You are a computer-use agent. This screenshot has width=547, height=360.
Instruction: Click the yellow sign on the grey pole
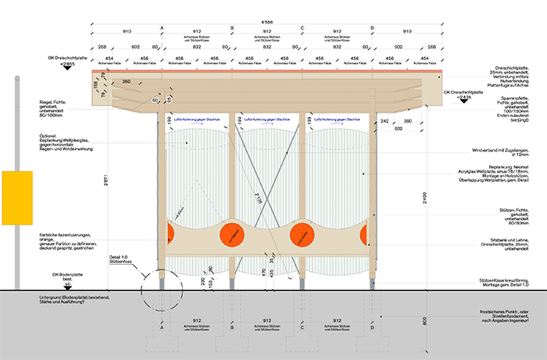18,194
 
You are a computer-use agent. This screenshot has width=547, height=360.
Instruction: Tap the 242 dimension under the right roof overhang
384,122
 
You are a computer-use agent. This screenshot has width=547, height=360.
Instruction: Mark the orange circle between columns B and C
301,235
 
